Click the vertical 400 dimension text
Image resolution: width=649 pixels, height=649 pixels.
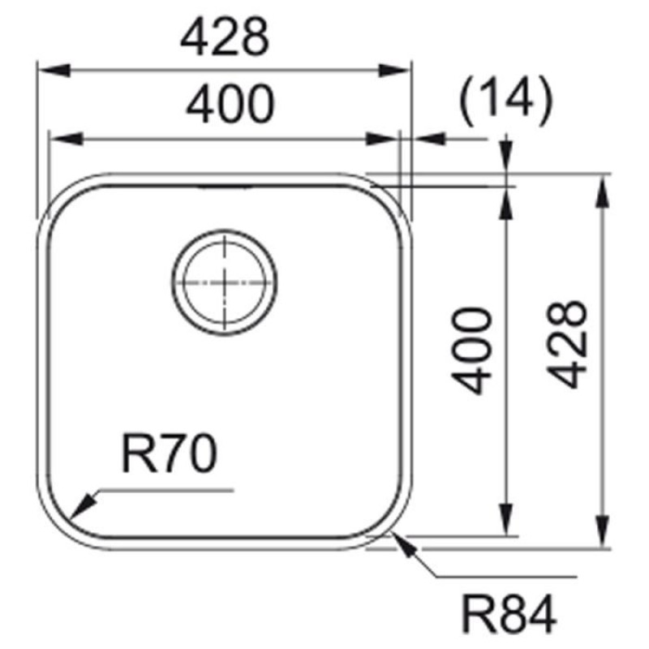coord(471,350)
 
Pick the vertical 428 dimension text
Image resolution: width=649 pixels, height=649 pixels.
coord(565,344)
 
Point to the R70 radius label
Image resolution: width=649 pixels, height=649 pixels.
coord(170,454)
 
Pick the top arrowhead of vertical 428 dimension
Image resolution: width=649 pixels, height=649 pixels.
coord(602,187)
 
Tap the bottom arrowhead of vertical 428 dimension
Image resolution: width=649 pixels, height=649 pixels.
coord(602,535)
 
